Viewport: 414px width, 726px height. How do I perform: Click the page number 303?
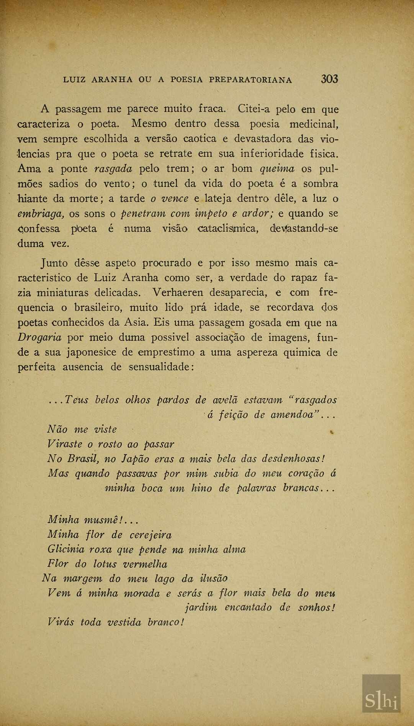pyautogui.click(x=329, y=79)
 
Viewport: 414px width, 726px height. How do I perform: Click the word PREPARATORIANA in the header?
pyautogui.click(x=250, y=80)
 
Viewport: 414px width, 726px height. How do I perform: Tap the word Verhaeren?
pyautogui.click(x=178, y=293)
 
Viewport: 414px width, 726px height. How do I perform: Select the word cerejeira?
pyautogui.click(x=151, y=535)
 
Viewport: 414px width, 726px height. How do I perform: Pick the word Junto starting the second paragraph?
pyautogui.click(x=54, y=263)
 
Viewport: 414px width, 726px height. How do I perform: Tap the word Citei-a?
pyautogui.click(x=254, y=110)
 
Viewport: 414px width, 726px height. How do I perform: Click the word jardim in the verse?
pyautogui.click(x=201, y=608)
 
